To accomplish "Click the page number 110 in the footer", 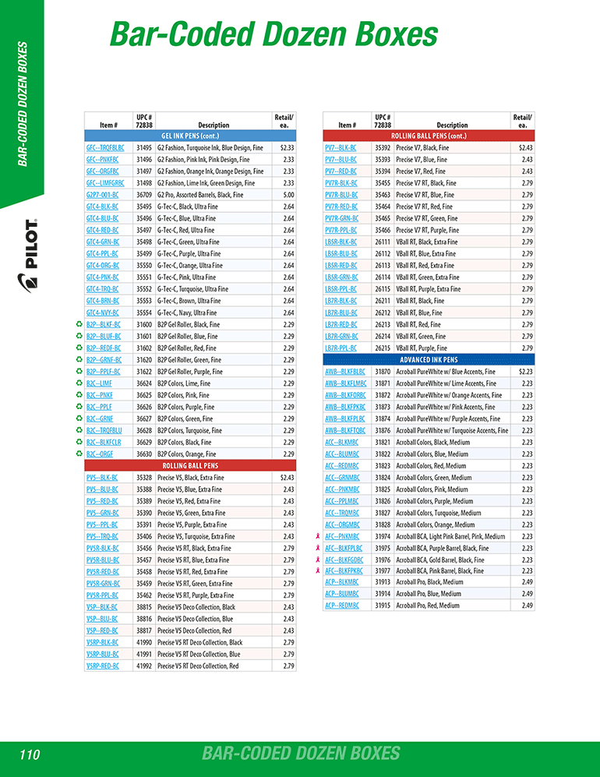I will pyautogui.click(x=30, y=754).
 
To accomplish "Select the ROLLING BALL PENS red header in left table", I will pyautogui.click(x=190, y=465).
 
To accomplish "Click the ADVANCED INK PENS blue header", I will pyautogui.click(x=429, y=360).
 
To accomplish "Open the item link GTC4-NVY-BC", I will pyautogui.click(x=102, y=313).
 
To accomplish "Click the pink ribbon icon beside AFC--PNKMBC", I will pyautogui.click(x=317, y=536).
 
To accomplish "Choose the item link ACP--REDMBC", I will pyautogui.click(x=341, y=606).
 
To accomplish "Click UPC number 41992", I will pyautogui.click(x=143, y=666).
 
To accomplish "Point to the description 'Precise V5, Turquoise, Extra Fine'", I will pyautogui.click(x=196, y=536).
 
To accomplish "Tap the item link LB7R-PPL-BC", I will pyautogui.click(x=341, y=348).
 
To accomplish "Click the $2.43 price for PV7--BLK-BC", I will pyautogui.click(x=526, y=147).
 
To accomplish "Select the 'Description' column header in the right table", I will pyautogui.click(x=452, y=125).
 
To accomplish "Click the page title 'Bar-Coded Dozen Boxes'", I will pyautogui.click(x=274, y=35).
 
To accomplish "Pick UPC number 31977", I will pyautogui.click(x=383, y=570).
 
